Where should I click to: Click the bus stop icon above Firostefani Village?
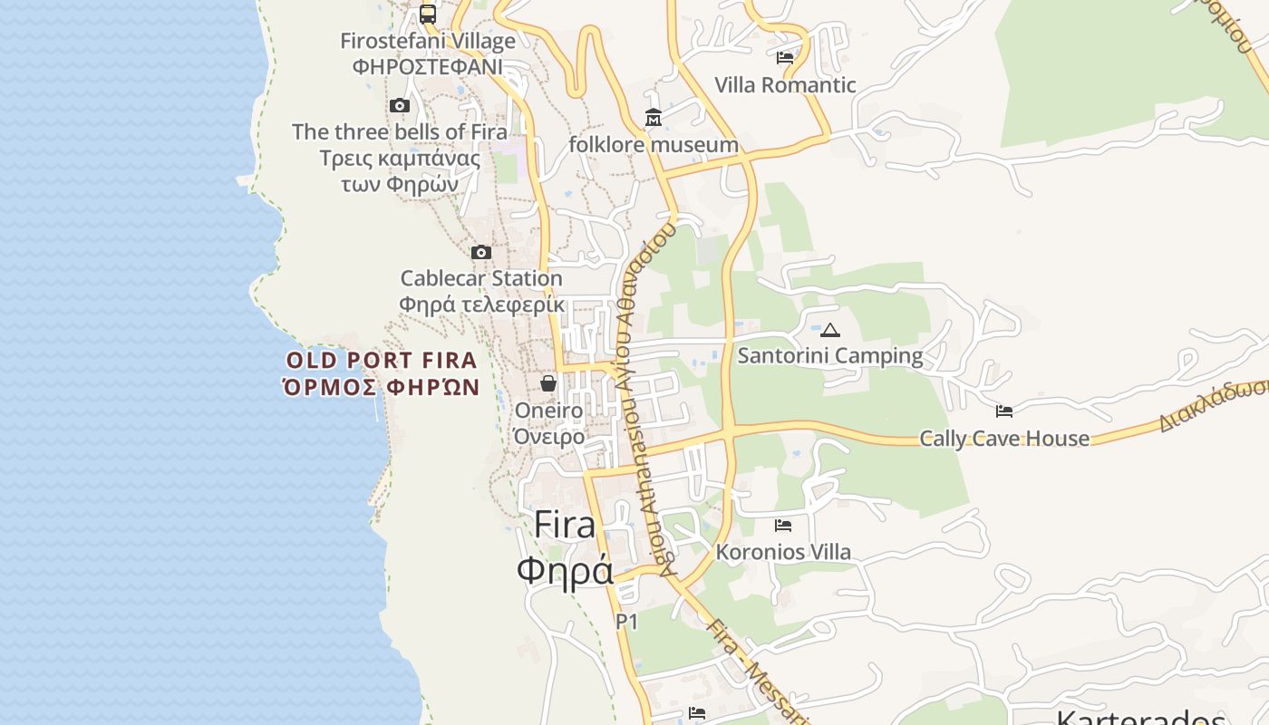point(428,14)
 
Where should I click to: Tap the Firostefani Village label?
point(428,41)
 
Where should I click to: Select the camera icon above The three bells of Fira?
point(400,105)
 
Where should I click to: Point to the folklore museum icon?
point(653,117)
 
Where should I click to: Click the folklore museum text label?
point(654,145)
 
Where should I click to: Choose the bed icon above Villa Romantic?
point(785,58)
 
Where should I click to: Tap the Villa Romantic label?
point(785,85)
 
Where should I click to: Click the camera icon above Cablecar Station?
point(481,252)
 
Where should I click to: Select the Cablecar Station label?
point(481,278)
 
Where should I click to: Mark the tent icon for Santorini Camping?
point(829,330)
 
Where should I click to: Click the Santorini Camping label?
point(830,356)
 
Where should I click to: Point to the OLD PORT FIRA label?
point(382,360)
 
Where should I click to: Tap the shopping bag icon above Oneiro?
point(548,383)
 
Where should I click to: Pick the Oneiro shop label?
point(548,411)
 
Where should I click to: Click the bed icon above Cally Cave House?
point(1004,411)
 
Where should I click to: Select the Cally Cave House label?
point(1004,439)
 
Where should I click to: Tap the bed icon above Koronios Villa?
point(783,526)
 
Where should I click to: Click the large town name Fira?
point(565,525)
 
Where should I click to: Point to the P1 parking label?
point(627,622)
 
